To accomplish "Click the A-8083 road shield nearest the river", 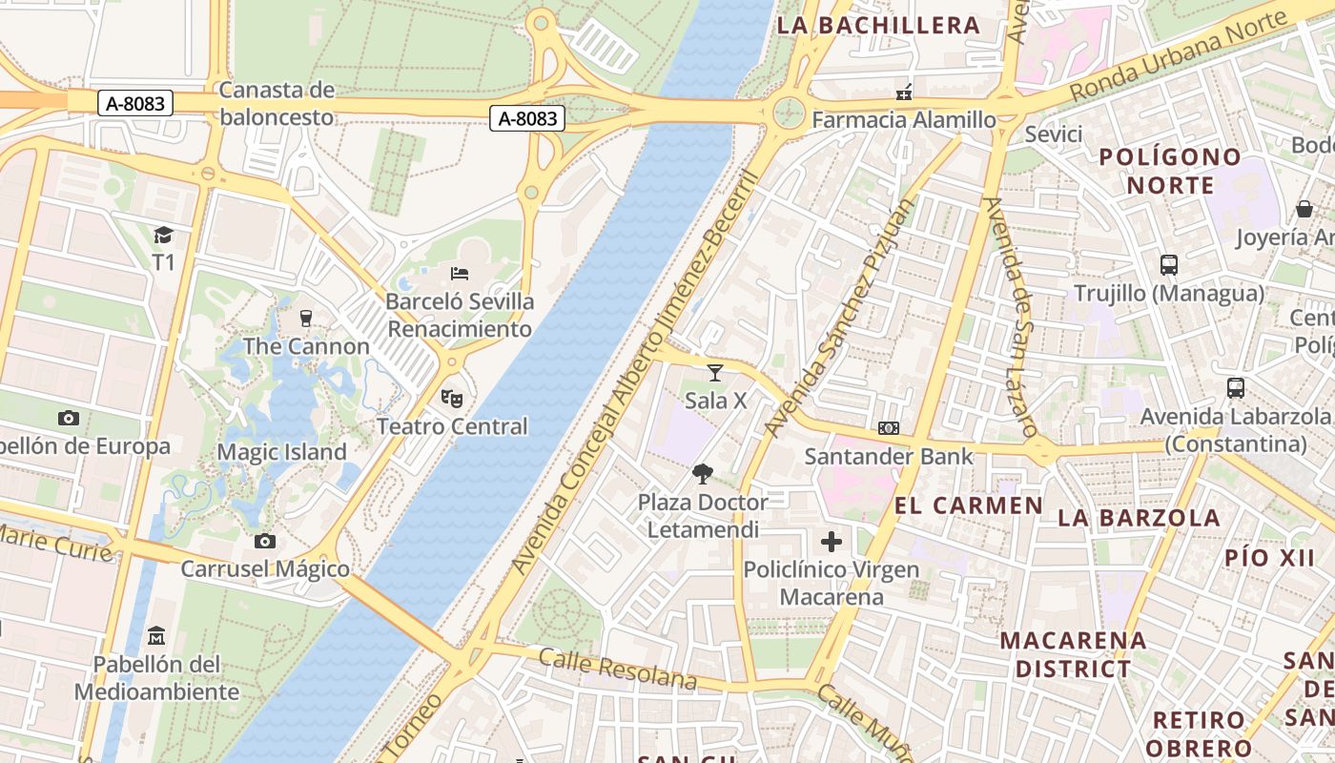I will [527, 118].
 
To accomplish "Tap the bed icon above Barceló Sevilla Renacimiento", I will [460, 274].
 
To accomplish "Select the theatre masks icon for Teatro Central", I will [451, 397].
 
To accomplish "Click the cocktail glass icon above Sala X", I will [715, 373].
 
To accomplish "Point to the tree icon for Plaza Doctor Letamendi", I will [703, 474].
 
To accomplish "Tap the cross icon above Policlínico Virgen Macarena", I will [832, 542].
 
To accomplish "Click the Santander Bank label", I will [889, 456].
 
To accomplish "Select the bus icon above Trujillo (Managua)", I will [1169, 265].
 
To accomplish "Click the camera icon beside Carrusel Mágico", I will [265, 542].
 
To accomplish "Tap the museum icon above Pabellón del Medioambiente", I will [156, 635].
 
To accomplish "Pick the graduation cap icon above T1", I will [164, 235].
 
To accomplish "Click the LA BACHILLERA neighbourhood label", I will [878, 26].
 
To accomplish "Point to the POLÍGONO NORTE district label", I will [1171, 171].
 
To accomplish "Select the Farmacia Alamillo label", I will [903, 120].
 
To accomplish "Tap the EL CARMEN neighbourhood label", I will [969, 505].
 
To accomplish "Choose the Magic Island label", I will [282, 452].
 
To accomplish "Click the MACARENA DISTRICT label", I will [1073, 654].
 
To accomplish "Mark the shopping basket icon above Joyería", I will [1304, 209].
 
